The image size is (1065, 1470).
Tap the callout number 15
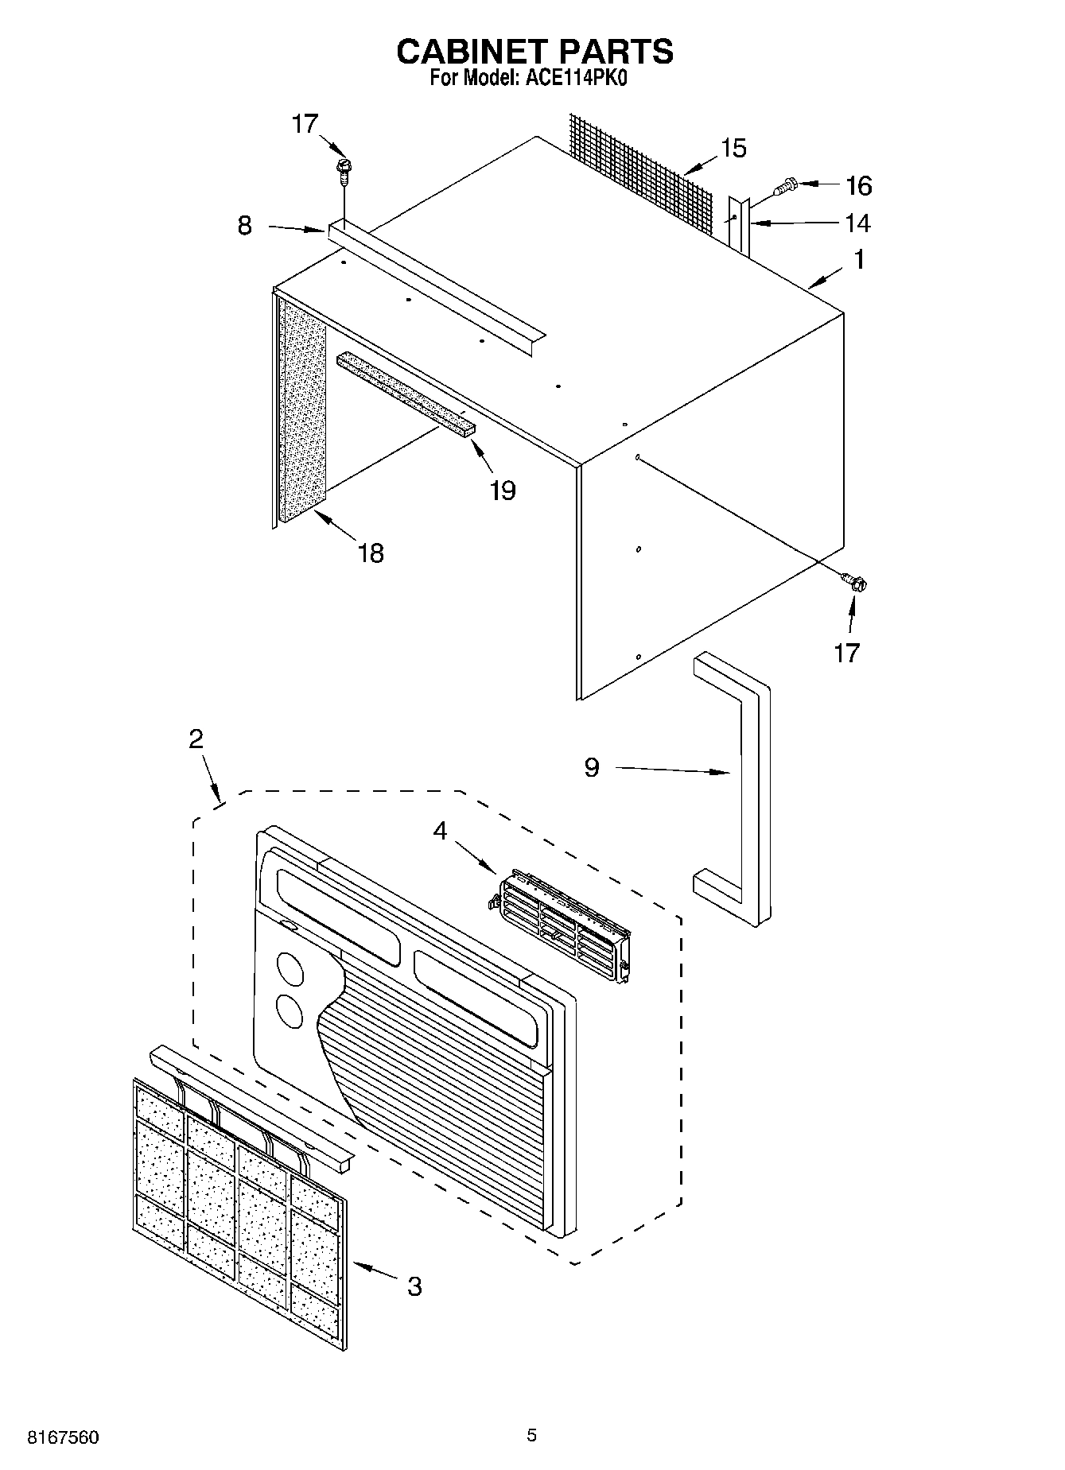pyautogui.click(x=733, y=149)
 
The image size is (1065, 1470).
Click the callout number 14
pyautogui.click(x=857, y=223)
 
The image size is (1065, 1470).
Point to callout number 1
pyautogui.click(x=859, y=260)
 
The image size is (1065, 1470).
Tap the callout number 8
pyautogui.click(x=245, y=226)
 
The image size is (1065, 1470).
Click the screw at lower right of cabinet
pyautogui.click(x=856, y=583)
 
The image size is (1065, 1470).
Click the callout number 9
pyautogui.click(x=591, y=767)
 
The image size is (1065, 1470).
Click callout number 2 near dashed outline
pyautogui.click(x=196, y=739)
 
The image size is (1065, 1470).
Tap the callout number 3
pyautogui.click(x=414, y=1286)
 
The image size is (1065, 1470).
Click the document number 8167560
pyautogui.click(x=64, y=1437)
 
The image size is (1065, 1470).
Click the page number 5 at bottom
pyautogui.click(x=531, y=1435)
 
